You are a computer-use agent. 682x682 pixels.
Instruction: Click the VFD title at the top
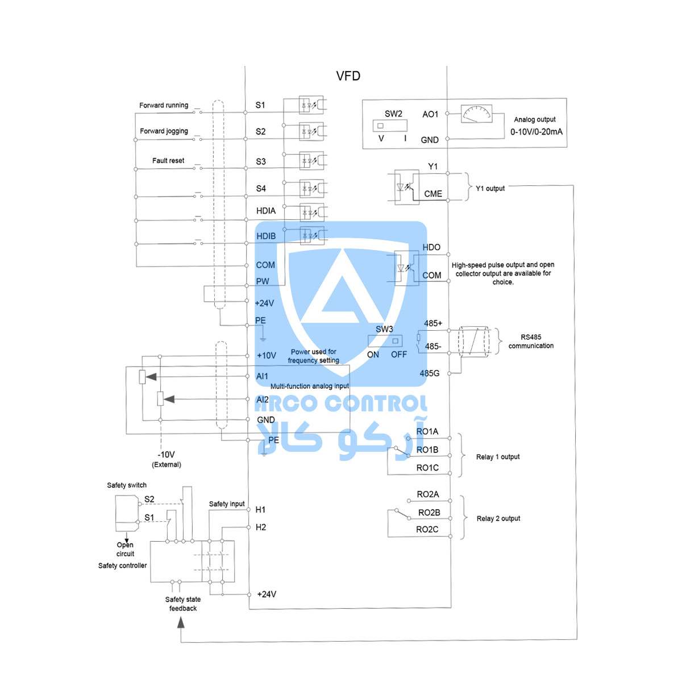coord(348,76)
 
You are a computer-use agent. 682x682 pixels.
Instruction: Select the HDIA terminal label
coord(266,211)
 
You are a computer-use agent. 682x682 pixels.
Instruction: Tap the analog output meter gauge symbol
coord(476,114)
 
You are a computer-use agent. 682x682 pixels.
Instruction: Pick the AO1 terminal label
coord(430,114)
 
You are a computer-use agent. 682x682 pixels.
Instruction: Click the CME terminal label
coord(433,194)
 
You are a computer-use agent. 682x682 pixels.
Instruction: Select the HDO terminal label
coord(431,247)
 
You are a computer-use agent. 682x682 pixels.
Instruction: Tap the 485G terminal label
coord(429,373)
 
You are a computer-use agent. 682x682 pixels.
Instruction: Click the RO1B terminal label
coord(427,450)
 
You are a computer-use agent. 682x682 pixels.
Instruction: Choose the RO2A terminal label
coord(427,494)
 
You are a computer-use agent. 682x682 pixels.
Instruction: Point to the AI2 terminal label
coord(262,400)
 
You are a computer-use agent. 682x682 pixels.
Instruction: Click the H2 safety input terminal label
coord(260,527)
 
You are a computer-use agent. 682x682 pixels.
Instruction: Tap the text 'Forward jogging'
coord(164,131)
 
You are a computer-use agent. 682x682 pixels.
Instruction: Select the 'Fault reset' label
coord(168,161)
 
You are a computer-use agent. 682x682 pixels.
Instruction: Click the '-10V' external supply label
coord(166,455)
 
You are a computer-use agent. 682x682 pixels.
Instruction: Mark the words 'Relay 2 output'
coord(498,518)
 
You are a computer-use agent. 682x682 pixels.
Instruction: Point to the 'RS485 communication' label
coord(531,341)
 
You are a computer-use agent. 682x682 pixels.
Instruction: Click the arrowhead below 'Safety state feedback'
coord(181,622)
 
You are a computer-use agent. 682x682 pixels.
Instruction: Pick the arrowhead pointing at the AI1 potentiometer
coord(151,377)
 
